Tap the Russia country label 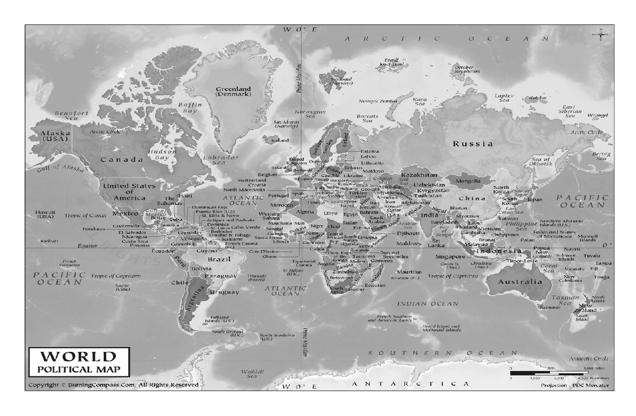472,144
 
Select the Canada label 122,160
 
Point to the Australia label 519,282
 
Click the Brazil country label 218,260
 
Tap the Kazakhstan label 419,175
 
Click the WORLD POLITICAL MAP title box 78,361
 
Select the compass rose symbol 602,36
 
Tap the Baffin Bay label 191,108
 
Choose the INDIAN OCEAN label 428,304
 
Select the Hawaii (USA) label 46,214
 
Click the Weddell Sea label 249,374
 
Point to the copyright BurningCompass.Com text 113,385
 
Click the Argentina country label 195,300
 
